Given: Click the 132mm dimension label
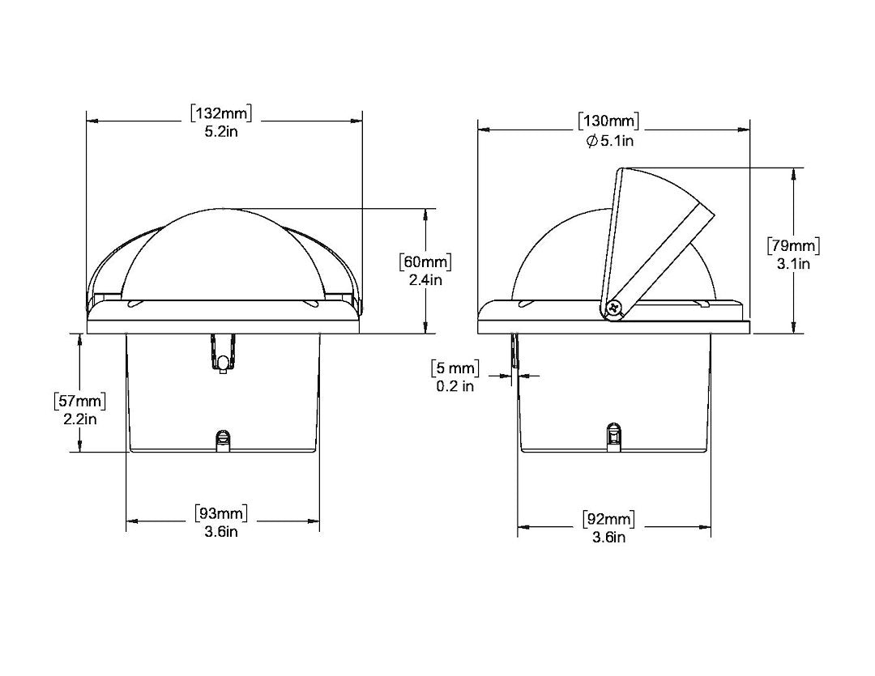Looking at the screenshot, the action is pyautogui.click(x=221, y=113).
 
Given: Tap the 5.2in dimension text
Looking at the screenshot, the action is pyautogui.click(x=221, y=132).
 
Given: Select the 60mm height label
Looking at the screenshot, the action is pyautogui.click(x=425, y=261).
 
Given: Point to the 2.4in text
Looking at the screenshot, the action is pyautogui.click(x=425, y=280).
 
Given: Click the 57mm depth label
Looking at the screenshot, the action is pyautogui.click(x=79, y=401).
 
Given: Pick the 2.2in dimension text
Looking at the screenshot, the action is pyautogui.click(x=79, y=419).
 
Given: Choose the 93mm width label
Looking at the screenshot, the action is pyautogui.click(x=221, y=512).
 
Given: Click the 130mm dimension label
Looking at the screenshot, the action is pyautogui.click(x=608, y=121).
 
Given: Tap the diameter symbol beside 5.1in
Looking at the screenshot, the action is pyautogui.click(x=592, y=141).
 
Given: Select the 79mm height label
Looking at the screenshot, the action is pyautogui.click(x=793, y=245).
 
